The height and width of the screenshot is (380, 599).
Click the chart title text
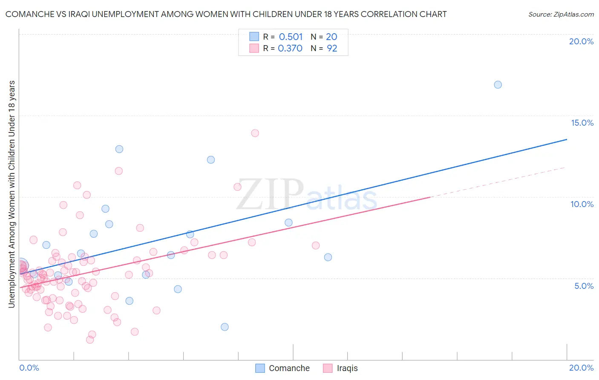(226, 14)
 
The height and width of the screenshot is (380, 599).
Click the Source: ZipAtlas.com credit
(561, 14)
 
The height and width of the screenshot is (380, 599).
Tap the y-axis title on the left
(12, 194)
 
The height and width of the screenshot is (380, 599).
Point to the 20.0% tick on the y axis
(581, 41)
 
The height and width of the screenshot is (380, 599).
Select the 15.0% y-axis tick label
(582, 123)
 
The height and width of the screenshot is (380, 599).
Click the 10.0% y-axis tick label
(582, 204)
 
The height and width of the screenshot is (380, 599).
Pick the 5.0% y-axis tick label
(584, 286)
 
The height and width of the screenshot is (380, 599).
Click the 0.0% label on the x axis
(29, 368)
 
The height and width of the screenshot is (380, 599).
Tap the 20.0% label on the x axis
(581, 368)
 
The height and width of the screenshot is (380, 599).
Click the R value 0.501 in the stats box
(291, 37)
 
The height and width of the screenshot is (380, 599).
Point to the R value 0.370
(290, 48)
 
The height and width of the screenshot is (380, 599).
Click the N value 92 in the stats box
(332, 48)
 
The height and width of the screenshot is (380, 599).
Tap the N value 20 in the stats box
(331, 37)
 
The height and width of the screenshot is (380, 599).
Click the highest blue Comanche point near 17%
(498, 85)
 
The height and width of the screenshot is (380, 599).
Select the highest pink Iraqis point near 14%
(255, 133)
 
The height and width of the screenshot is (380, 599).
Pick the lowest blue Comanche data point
(225, 327)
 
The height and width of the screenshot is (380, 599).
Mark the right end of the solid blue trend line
(567, 139)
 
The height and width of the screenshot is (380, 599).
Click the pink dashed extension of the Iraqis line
(498, 182)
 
